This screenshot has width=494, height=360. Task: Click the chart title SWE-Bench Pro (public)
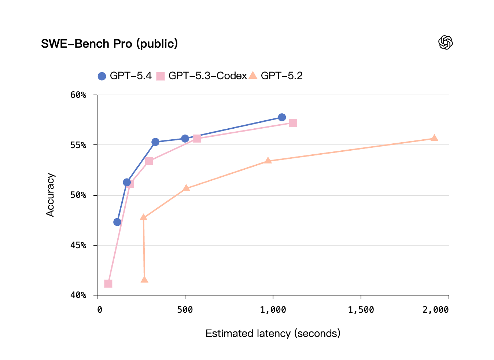109,44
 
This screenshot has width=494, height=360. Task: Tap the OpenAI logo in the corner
445,43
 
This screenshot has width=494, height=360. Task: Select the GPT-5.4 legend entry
125,76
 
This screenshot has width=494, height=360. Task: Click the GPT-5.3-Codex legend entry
202,76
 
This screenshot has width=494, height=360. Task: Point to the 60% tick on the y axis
78,95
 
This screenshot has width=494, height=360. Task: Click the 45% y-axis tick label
78,245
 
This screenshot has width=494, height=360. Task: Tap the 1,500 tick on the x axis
361,310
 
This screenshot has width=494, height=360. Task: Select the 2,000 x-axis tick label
435,310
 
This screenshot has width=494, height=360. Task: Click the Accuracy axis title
50,195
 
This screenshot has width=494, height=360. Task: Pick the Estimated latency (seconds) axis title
273,334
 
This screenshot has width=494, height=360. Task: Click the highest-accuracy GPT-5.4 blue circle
282,117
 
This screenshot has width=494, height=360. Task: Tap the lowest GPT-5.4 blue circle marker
117,222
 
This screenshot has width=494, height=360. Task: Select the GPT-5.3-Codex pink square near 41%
108,284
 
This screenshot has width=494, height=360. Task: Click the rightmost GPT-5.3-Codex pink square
292,123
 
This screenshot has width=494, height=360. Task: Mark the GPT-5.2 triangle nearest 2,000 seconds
434,138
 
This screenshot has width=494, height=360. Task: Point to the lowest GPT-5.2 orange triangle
144,280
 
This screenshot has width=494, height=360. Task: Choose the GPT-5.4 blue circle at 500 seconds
185,139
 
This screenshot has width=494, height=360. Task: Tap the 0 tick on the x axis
99,310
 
